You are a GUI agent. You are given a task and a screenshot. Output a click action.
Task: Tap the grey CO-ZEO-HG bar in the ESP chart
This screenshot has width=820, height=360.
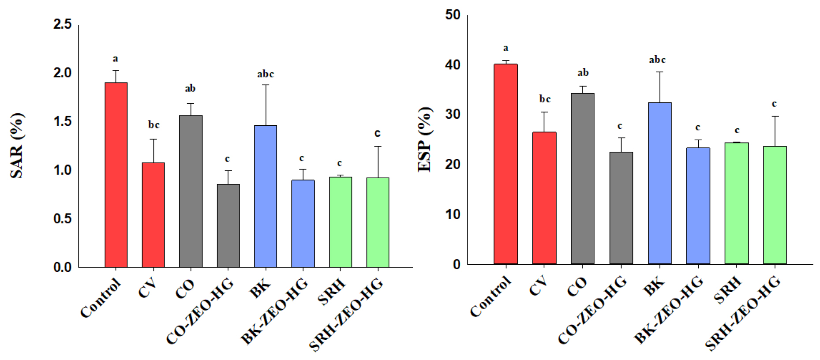621,208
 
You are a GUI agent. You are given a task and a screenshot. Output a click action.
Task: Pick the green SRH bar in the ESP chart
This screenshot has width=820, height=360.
736,203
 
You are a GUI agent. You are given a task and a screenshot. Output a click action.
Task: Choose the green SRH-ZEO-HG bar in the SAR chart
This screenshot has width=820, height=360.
378,222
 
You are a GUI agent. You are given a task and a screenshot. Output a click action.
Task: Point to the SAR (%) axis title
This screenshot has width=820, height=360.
17,146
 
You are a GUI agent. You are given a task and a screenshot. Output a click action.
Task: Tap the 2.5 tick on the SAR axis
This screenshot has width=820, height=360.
62,24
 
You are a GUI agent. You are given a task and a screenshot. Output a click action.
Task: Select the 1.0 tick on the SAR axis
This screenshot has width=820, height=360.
62,170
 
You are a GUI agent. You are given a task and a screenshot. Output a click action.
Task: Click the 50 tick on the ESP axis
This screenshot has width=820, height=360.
453,15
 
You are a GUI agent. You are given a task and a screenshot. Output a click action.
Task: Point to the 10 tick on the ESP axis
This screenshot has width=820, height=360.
453,214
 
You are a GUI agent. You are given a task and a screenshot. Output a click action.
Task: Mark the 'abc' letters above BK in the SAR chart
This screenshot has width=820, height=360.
266,74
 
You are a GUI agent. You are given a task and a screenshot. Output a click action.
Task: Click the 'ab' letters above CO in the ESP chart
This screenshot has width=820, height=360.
583,73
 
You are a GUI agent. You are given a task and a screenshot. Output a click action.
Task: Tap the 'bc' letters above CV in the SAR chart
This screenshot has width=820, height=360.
154,125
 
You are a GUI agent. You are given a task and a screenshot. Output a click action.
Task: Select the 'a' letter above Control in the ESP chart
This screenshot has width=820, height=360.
505,48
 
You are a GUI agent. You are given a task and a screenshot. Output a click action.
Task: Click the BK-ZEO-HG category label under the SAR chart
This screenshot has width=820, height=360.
275,311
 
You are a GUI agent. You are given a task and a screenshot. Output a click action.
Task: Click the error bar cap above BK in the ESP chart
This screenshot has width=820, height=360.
660,72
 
